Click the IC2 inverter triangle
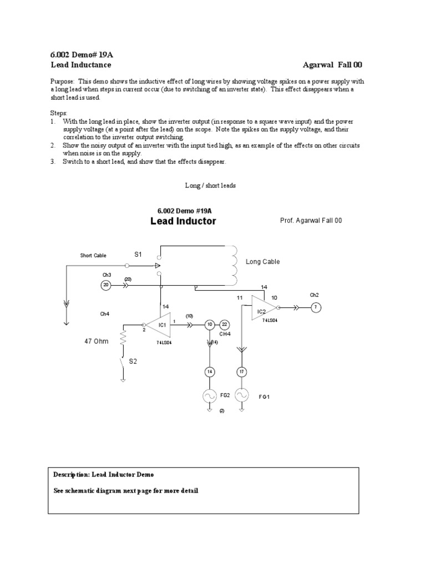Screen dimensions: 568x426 pos(263,307)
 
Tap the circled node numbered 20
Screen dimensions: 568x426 pos(106,285)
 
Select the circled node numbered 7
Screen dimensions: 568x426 pos(316,307)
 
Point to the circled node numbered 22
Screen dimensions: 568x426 pos(225,324)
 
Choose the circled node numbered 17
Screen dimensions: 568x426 pos(242,371)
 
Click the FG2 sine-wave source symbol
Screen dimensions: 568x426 pos(210,395)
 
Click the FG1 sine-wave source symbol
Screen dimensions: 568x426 pos(242,395)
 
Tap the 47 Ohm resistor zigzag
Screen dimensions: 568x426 pos(123,338)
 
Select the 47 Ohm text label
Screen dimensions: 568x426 pos(95,342)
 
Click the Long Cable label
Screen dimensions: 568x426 pos(263,262)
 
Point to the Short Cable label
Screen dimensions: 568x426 pos(93,256)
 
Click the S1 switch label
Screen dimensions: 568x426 pos(138,254)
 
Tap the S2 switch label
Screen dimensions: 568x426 pos(133,361)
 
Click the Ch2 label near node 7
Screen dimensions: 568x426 pos(315,295)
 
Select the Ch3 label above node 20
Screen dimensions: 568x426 pos(106,275)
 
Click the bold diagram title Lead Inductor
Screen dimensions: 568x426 pos(183,221)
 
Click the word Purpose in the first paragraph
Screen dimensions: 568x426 pos(60,81)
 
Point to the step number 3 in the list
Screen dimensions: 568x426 pos(52,162)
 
